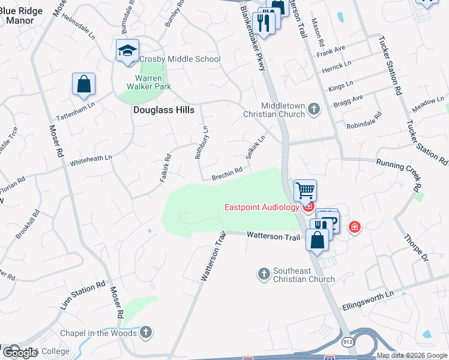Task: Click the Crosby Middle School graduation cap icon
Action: click(127, 51)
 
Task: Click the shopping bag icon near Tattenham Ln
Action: click(83, 85)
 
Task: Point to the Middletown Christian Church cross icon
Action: click(313, 109)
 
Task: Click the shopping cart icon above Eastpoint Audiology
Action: click(305, 191)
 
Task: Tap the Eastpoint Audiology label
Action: click(261, 208)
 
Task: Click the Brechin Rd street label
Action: click(227, 173)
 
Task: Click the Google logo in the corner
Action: click(20, 353)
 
